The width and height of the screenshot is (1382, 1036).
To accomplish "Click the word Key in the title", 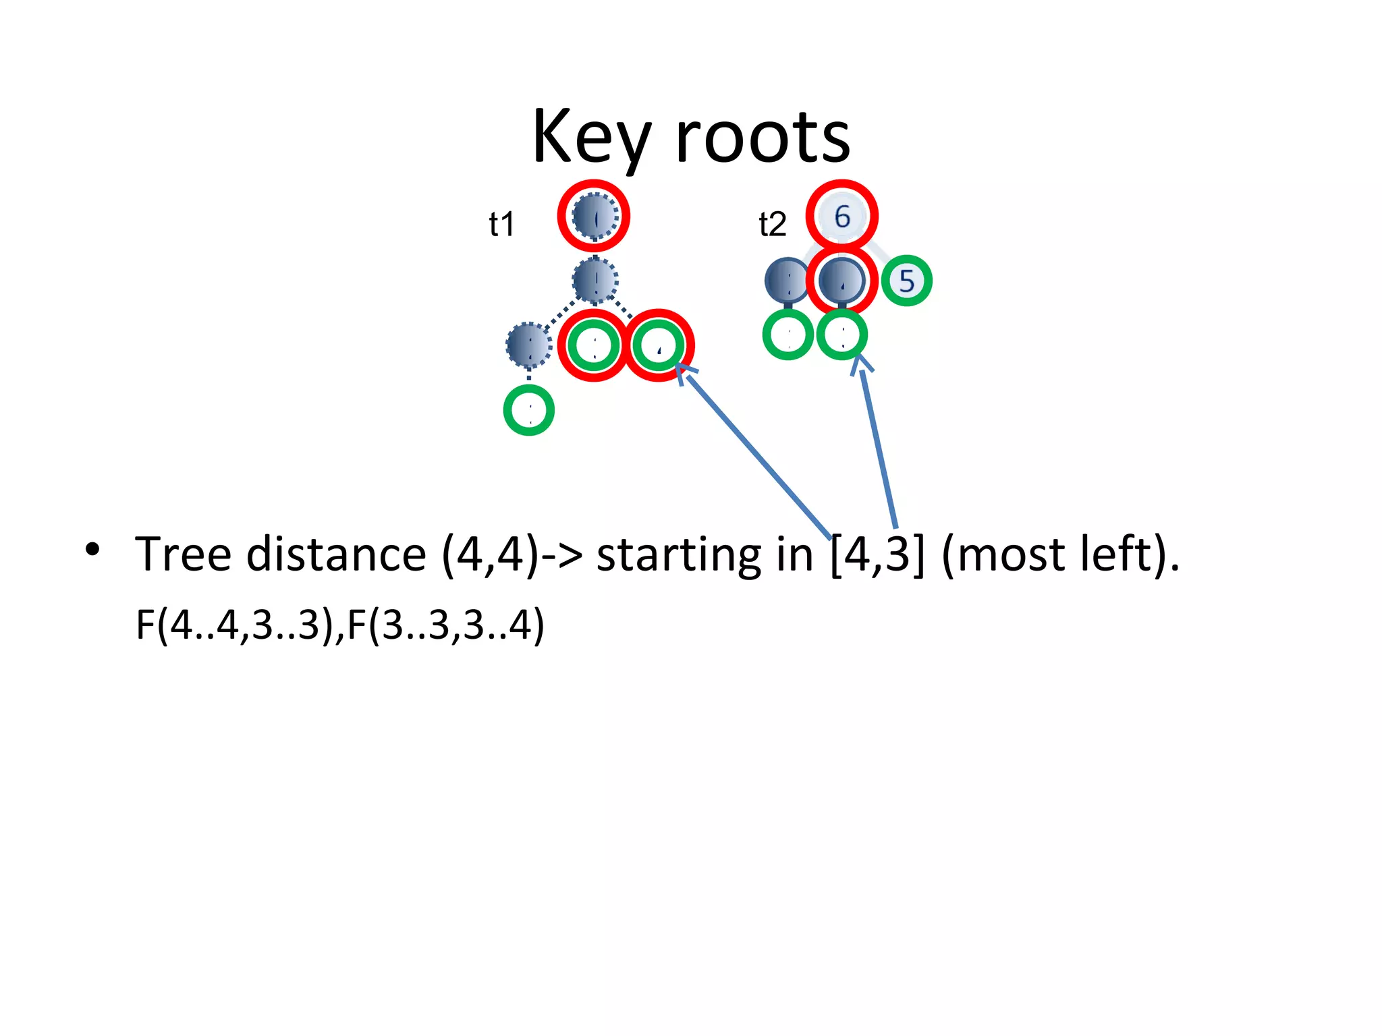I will click(590, 138).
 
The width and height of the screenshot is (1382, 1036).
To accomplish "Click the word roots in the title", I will click(763, 138).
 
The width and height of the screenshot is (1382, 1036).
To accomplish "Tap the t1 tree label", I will click(501, 224).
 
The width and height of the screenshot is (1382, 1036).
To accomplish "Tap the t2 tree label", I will click(773, 224).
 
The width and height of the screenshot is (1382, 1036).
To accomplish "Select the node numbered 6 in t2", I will click(841, 216).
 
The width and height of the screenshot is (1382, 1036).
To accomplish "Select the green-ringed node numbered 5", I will click(906, 281).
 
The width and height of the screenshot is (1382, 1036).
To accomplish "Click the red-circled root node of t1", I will click(594, 216).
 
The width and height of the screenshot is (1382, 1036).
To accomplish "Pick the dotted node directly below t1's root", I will click(595, 280).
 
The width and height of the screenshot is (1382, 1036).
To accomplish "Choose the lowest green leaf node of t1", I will click(529, 410).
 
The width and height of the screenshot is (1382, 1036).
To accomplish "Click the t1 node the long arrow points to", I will click(659, 345).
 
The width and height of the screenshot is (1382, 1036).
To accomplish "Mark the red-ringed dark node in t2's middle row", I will click(841, 280).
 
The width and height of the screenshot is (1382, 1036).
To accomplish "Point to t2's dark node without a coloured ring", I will click(787, 280).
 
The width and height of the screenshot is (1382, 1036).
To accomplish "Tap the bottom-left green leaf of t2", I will click(787, 335).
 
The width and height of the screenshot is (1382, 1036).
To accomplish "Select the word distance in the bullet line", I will click(335, 554).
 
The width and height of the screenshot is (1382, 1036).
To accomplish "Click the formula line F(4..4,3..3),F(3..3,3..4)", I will click(339, 625).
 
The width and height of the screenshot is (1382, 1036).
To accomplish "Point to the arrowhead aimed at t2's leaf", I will click(860, 364).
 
